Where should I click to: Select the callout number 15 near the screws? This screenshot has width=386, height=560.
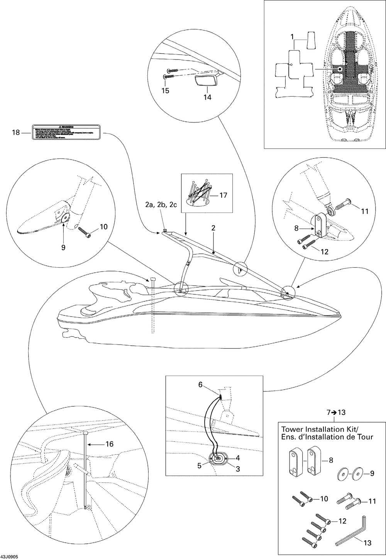pos(165,90)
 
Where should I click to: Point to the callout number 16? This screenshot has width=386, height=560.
pos(110,444)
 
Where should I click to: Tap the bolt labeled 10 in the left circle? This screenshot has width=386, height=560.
pos(85,232)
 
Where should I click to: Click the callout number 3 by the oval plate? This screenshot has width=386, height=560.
pos(238,469)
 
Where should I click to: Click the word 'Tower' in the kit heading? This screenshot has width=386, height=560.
pos(293,429)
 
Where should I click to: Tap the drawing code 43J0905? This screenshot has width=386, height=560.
pos(10,557)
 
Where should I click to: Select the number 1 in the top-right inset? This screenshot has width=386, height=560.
pos(292,37)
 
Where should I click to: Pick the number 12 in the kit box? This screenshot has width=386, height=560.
pos(342,521)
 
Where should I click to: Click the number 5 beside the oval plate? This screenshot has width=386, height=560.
pos(200,466)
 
